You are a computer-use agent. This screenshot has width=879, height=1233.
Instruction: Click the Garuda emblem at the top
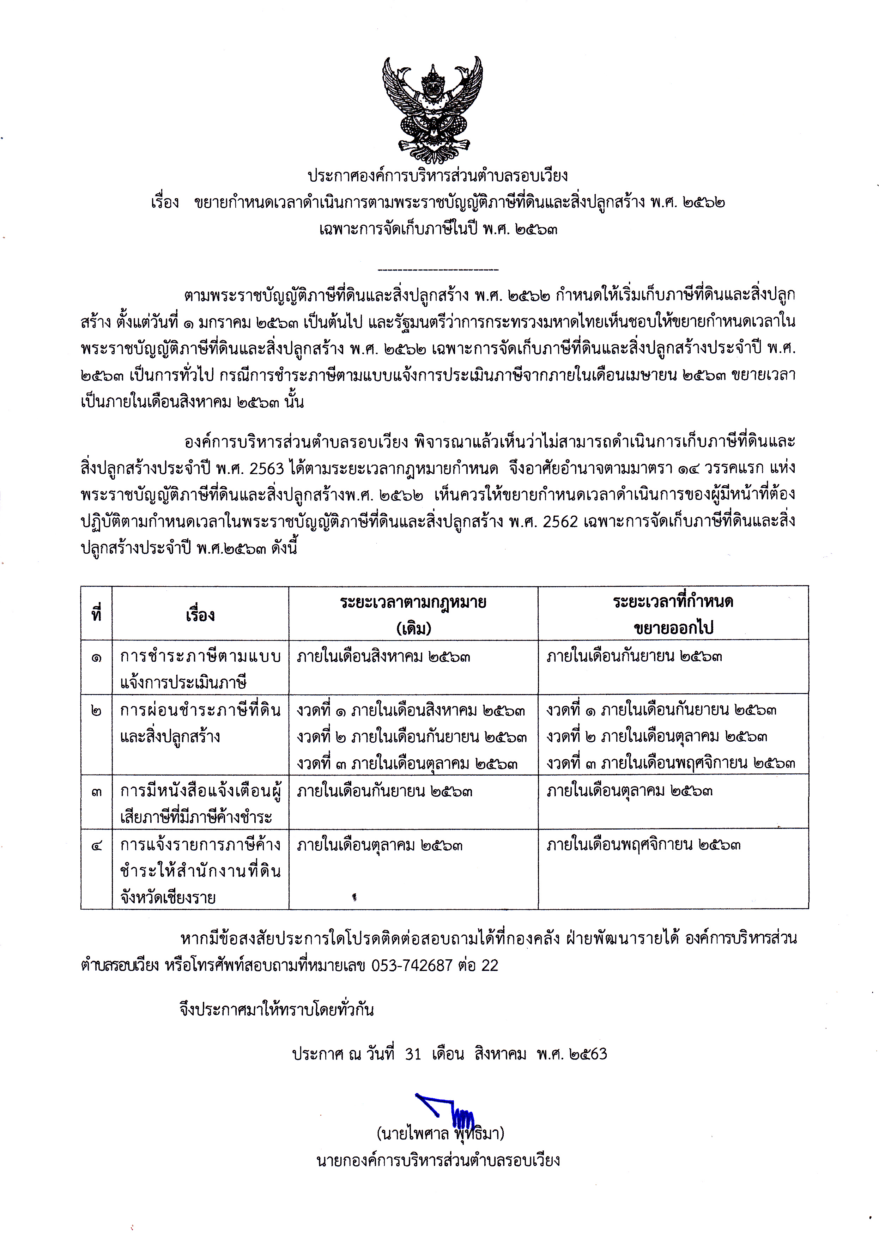click(432, 110)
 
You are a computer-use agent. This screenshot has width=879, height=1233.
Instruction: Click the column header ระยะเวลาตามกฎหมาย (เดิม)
click(413, 615)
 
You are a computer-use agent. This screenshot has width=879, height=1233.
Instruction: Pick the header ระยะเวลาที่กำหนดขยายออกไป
click(673, 615)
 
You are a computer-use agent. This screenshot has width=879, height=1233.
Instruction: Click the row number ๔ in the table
click(96, 845)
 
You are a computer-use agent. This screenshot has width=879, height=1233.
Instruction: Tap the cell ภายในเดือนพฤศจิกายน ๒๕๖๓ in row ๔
click(643, 845)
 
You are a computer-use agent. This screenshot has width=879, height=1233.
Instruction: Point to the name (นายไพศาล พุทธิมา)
click(440, 1134)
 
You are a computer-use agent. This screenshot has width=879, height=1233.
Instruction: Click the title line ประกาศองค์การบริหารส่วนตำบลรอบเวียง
click(437, 176)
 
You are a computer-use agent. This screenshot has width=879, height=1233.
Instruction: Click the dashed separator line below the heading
click(438, 269)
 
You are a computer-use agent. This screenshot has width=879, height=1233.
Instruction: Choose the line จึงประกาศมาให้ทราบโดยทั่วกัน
click(277, 1010)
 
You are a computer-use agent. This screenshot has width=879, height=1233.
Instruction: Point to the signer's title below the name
click(438, 1160)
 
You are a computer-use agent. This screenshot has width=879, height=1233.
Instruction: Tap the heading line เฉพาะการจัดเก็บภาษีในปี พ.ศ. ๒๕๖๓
click(438, 230)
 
